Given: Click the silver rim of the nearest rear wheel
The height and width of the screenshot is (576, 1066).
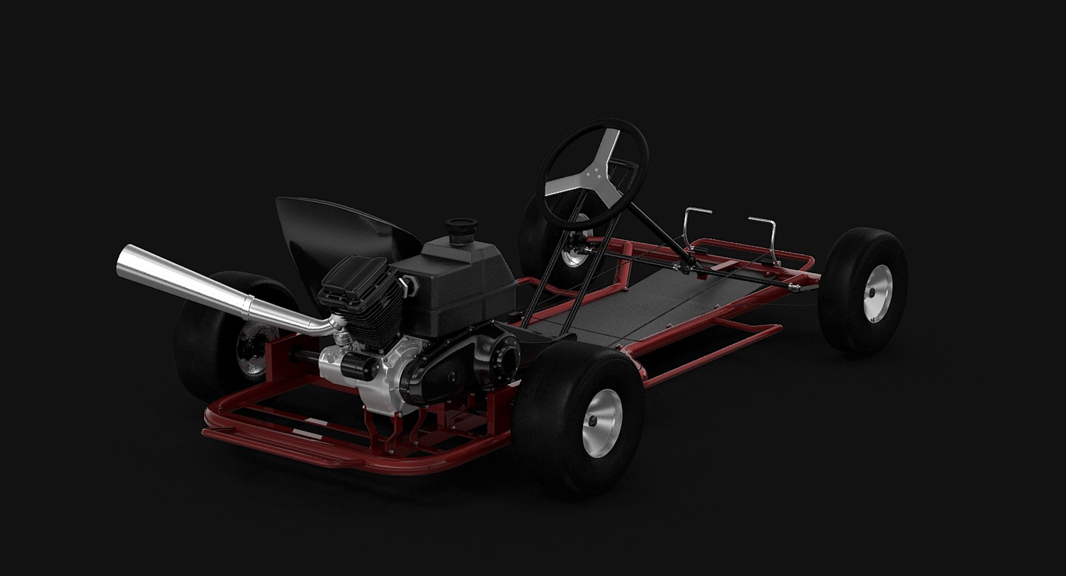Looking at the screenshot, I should pyautogui.click(x=602, y=415).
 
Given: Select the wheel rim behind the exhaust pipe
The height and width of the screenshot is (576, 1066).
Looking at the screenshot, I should pyautogui.click(x=255, y=350).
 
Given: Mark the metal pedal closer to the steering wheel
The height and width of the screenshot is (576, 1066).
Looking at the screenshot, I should pyautogui.click(x=697, y=219).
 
